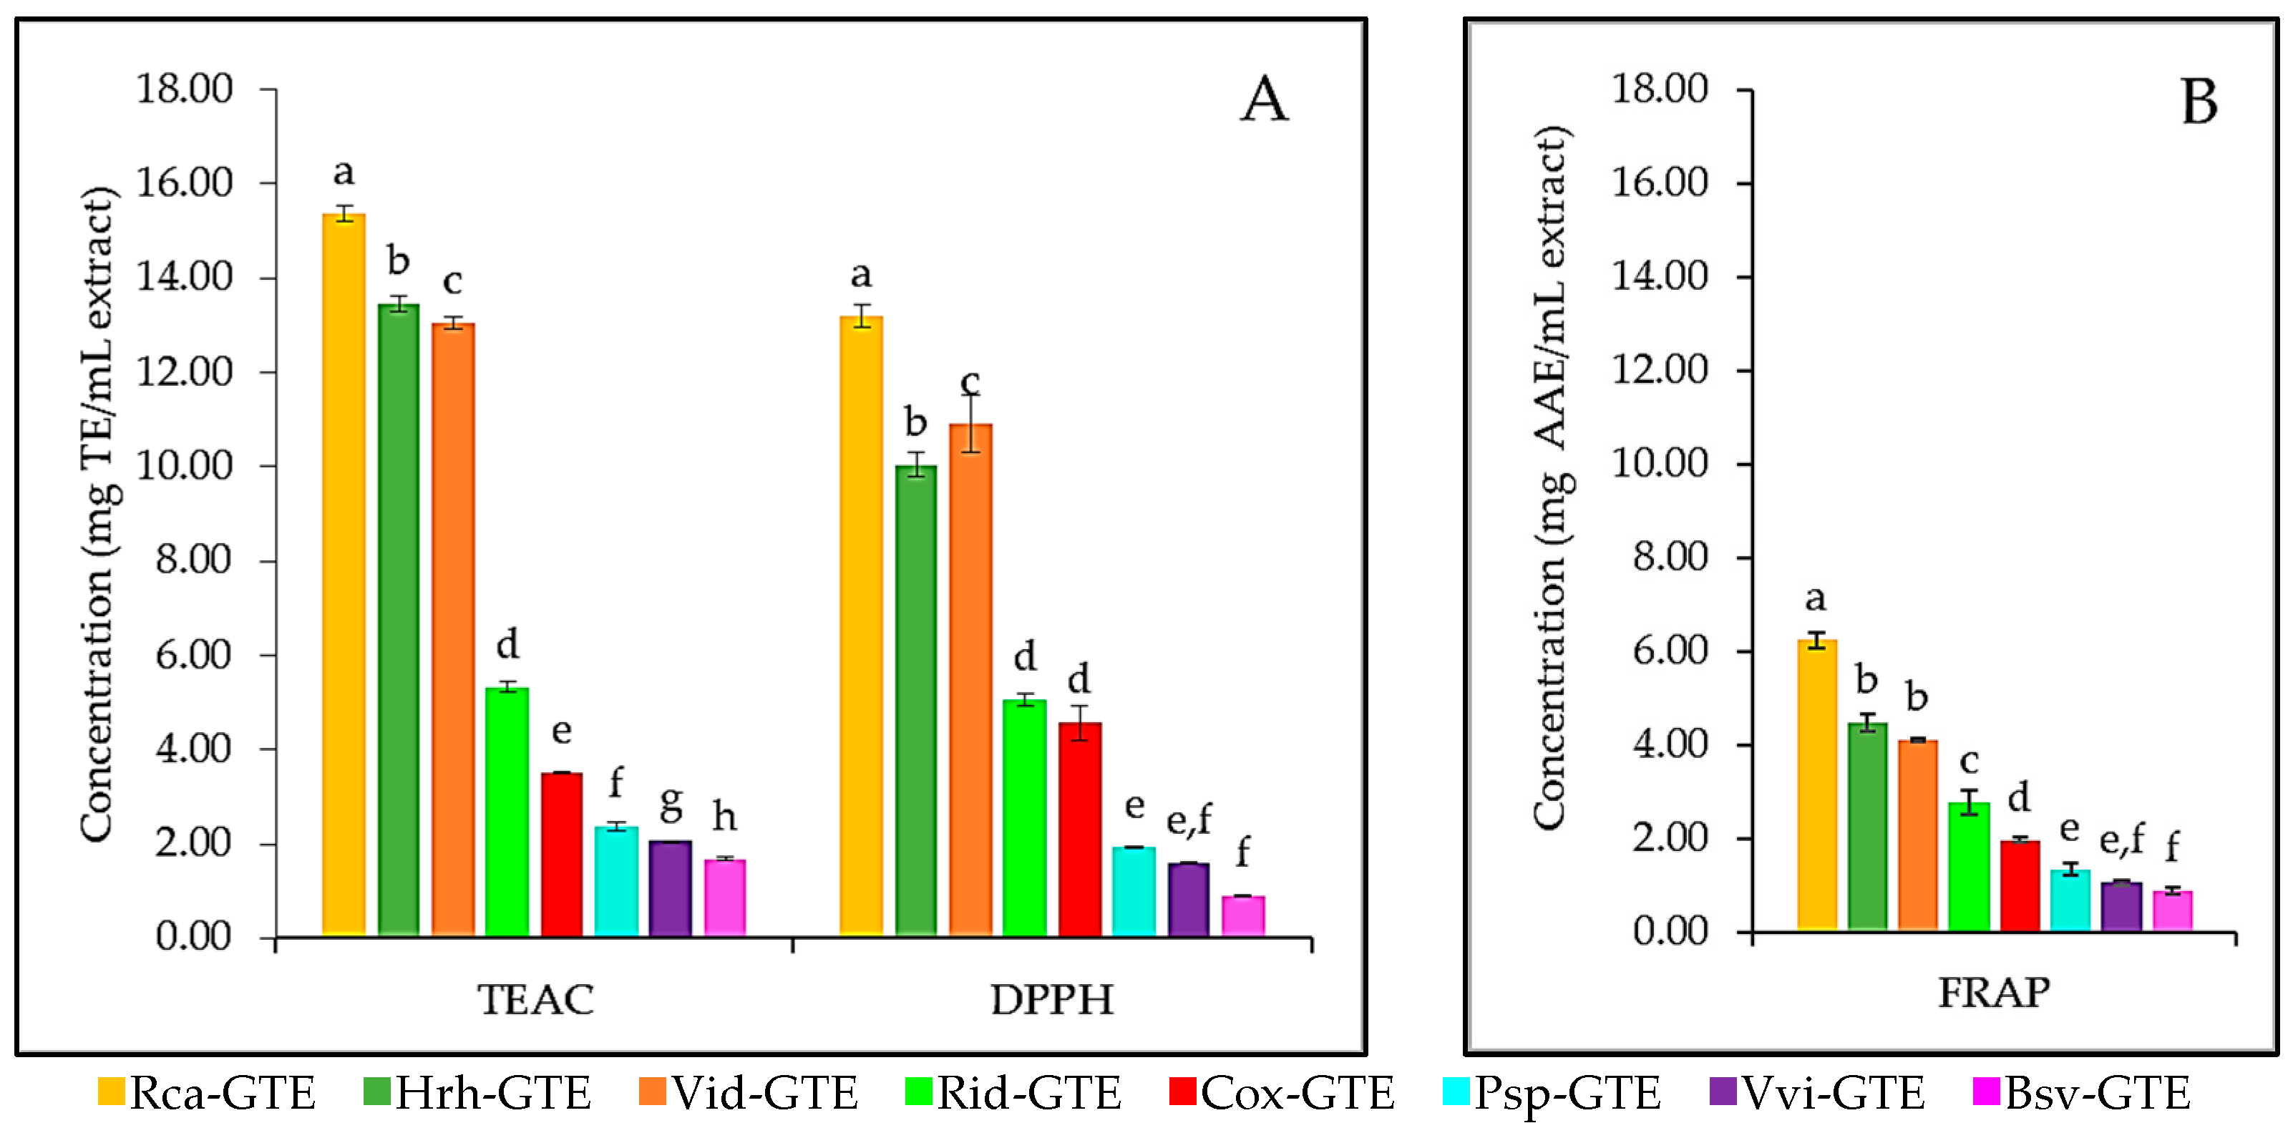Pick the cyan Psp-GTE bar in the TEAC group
click(616, 881)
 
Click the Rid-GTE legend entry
click(1014, 1093)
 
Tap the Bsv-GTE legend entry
click(2082, 1093)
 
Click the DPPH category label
click(1052, 999)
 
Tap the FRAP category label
click(1994, 992)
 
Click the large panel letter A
click(1263, 99)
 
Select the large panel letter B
click(2199, 102)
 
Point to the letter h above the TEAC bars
click(724, 816)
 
